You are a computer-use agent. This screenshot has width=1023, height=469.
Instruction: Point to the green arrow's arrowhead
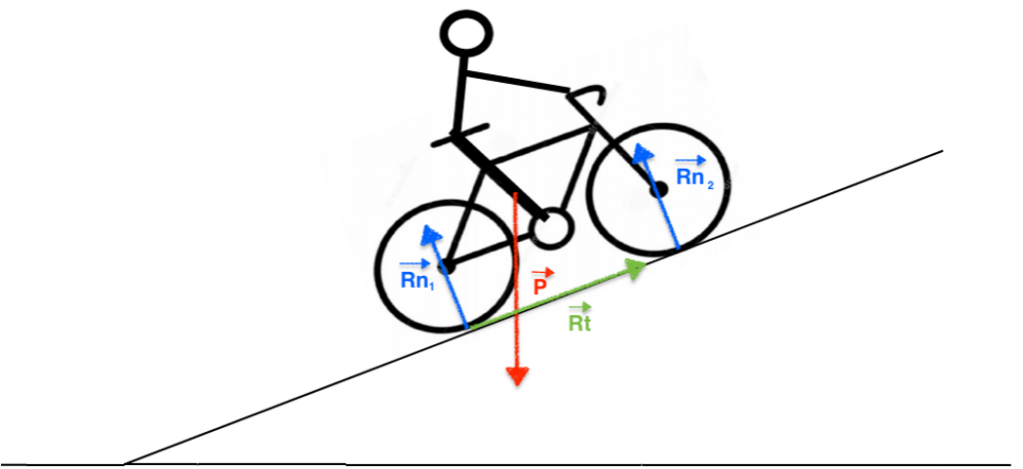click(634, 265)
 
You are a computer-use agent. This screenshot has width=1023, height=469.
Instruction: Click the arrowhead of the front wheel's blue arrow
click(639, 153)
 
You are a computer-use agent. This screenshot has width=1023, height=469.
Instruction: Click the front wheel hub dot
click(659, 187)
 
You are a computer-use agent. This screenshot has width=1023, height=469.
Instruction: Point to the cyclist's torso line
click(461, 95)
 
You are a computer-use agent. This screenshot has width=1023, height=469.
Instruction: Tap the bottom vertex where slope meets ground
click(124, 463)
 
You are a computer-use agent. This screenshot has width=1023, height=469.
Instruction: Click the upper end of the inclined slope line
click(941, 152)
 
